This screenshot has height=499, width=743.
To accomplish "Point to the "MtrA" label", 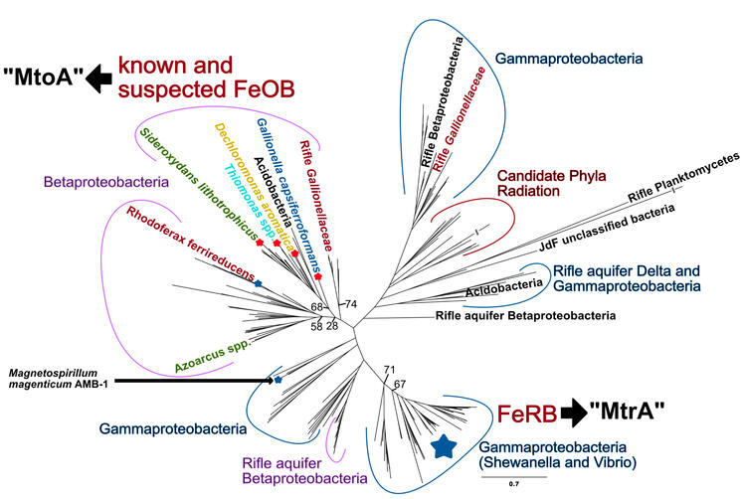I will point(658,412).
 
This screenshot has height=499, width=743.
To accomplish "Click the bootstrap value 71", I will point(390,370).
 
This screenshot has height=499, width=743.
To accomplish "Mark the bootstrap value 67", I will point(400,384).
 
